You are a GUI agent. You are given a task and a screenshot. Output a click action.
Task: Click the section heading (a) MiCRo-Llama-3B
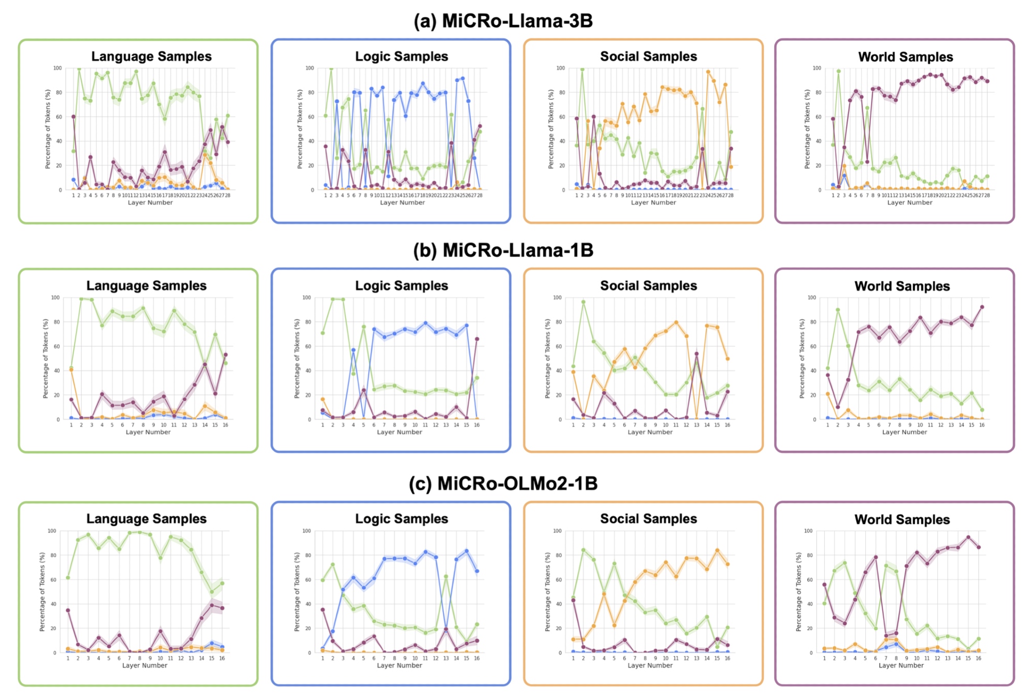click(x=503, y=21)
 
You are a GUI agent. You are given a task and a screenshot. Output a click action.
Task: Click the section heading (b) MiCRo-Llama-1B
click(x=503, y=250)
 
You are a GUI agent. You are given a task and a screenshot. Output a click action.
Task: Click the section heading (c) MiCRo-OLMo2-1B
click(x=503, y=484)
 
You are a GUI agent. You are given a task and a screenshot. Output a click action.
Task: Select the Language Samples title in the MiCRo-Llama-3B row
click(x=151, y=56)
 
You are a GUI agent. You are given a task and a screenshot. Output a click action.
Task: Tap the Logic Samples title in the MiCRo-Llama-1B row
click(x=402, y=285)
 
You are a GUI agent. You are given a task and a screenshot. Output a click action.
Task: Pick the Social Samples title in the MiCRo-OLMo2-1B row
click(x=649, y=519)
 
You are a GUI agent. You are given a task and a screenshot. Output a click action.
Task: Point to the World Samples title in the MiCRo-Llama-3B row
click(x=905, y=57)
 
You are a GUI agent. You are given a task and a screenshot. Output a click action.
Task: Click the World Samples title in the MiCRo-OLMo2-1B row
click(x=902, y=519)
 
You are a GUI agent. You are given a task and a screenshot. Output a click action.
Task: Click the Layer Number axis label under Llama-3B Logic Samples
click(x=402, y=202)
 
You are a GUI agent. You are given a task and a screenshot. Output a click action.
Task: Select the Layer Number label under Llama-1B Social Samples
click(x=650, y=432)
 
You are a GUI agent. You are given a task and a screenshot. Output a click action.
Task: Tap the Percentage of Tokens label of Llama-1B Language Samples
click(x=45, y=359)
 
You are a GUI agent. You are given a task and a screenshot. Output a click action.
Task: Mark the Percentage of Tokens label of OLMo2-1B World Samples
click(x=798, y=592)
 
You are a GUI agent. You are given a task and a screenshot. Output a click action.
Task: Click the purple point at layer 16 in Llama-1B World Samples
click(x=982, y=307)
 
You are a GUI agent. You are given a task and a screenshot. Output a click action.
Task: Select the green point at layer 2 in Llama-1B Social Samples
click(x=583, y=302)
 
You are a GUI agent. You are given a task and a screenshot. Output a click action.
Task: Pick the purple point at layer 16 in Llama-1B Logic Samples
click(x=477, y=339)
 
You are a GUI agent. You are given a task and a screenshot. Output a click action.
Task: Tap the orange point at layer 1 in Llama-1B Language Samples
click(x=71, y=370)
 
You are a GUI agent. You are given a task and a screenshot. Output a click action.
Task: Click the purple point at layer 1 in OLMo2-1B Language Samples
click(x=68, y=610)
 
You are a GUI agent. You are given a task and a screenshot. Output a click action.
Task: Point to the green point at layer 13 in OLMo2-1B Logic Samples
click(x=446, y=576)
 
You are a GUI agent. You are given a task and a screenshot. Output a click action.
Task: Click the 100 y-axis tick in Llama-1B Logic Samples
click(x=307, y=298)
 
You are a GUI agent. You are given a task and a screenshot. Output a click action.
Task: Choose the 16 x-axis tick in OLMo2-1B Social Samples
click(x=727, y=658)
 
